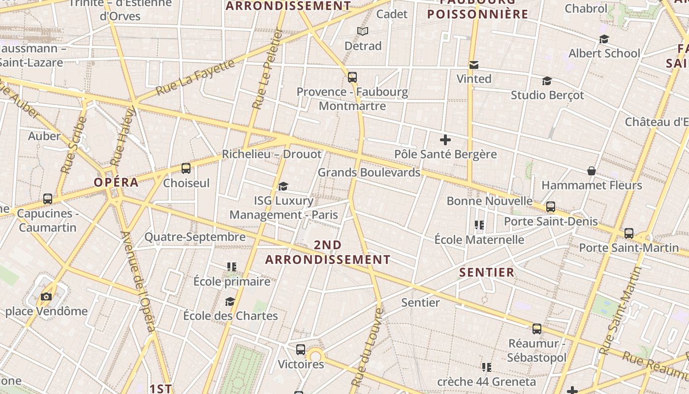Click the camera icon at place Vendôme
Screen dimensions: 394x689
coord(46,296)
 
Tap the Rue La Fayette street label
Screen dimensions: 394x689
coord(196,77)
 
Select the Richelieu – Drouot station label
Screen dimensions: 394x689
coord(272,154)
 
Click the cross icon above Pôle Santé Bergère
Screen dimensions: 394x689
coord(445,140)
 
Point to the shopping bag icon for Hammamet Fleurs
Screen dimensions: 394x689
coord(592,171)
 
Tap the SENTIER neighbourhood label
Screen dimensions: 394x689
coord(487,272)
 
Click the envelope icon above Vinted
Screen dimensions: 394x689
coord(474,65)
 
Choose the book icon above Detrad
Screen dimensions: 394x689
coord(363,32)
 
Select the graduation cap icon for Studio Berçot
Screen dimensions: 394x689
coord(547,81)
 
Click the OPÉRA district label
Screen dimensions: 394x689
coord(116,182)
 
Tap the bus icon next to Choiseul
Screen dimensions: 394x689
coord(186,168)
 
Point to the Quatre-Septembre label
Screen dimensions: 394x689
coord(195,237)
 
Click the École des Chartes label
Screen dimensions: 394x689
coord(230,316)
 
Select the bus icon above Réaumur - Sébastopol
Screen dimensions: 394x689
coord(537,328)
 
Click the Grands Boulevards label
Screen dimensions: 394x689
coord(369,172)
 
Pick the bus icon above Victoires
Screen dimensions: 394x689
coord(301,350)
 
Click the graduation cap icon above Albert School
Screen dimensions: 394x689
coord(604,39)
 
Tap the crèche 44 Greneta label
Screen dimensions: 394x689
coord(486,382)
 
